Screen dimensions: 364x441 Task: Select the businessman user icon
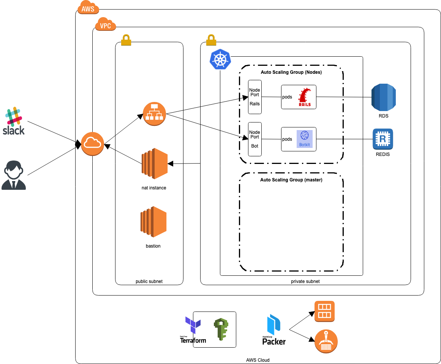(14, 175)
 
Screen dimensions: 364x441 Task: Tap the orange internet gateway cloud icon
(92, 144)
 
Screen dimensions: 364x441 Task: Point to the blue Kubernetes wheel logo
(220, 60)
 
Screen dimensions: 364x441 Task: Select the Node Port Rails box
(254, 97)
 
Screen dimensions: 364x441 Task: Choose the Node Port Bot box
(254, 139)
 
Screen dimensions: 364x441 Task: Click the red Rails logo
(305, 97)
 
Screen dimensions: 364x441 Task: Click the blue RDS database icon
(384, 97)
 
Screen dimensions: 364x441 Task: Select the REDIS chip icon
(383, 139)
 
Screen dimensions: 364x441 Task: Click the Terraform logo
(193, 329)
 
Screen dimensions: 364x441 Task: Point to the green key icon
(220, 329)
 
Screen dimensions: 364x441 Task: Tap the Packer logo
(274, 330)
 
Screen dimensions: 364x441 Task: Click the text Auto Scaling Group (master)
(291, 180)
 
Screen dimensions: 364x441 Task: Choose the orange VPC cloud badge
(105, 25)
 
